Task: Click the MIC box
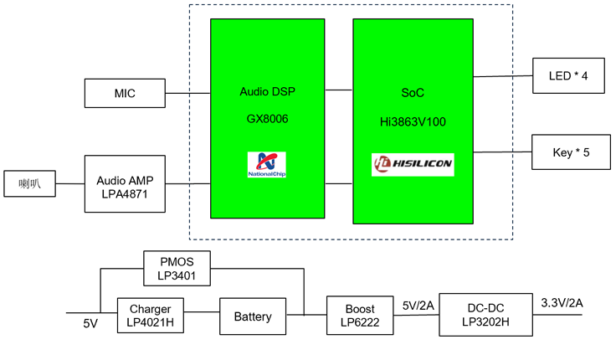[x=125, y=93]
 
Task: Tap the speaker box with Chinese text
[x=30, y=184]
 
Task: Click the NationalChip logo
[x=266, y=165]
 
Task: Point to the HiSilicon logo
[x=413, y=165]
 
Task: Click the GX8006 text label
[x=267, y=119]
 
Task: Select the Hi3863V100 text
[x=413, y=121]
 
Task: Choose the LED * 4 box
[x=568, y=76]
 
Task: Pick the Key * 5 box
[x=568, y=152]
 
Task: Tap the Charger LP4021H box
[x=150, y=316]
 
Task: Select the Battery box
[x=252, y=316]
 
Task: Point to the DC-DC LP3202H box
[x=485, y=315]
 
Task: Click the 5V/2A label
[x=417, y=306]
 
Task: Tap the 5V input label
[x=90, y=323]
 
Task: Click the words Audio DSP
[x=265, y=91]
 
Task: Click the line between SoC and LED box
[x=503, y=76]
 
